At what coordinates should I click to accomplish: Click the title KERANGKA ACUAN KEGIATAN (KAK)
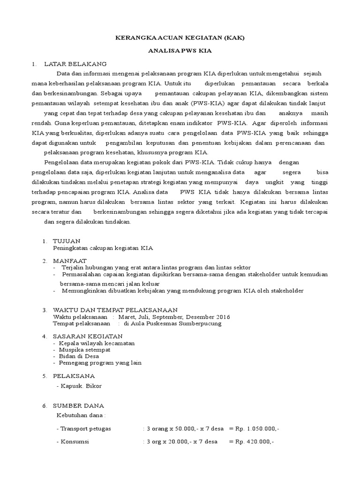click(180, 38)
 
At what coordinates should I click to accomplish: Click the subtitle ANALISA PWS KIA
click(180, 53)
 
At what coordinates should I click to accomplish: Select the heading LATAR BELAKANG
click(75, 64)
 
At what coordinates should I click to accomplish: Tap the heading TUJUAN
click(67, 241)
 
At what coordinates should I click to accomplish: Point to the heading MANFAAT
click(70, 261)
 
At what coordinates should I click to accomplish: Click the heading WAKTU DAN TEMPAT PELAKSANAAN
click(115, 310)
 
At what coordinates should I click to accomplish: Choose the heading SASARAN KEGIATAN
click(88, 336)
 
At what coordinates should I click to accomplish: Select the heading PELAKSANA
click(74, 376)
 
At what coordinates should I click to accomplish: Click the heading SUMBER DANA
click(78, 405)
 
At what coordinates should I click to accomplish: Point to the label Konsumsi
click(75, 442)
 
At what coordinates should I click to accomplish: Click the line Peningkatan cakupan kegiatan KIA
click(103, 247)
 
